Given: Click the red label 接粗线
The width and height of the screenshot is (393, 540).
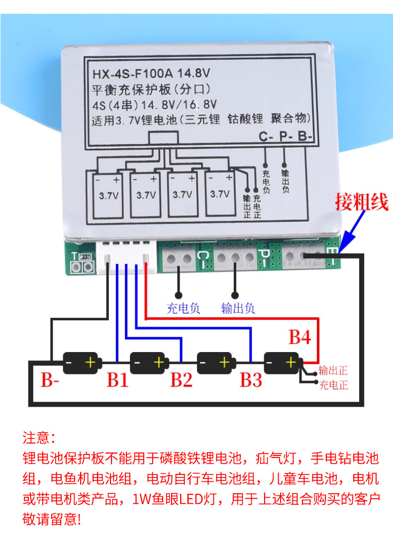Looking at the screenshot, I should (361, 202).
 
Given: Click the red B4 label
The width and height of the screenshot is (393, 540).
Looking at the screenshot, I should (299, 338).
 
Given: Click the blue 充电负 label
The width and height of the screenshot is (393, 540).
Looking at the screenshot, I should (183, 308).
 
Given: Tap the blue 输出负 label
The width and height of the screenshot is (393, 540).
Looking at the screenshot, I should (238, 308).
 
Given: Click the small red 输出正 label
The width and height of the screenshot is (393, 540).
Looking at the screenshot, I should (333, 370).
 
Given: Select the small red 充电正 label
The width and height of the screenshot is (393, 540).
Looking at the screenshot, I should (333, 385).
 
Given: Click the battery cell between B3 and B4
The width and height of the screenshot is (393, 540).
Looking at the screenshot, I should (282, 363).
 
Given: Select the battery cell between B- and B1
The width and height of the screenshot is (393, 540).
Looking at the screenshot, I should (82, 363).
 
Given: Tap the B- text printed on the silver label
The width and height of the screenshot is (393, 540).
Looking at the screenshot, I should (305, 137).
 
